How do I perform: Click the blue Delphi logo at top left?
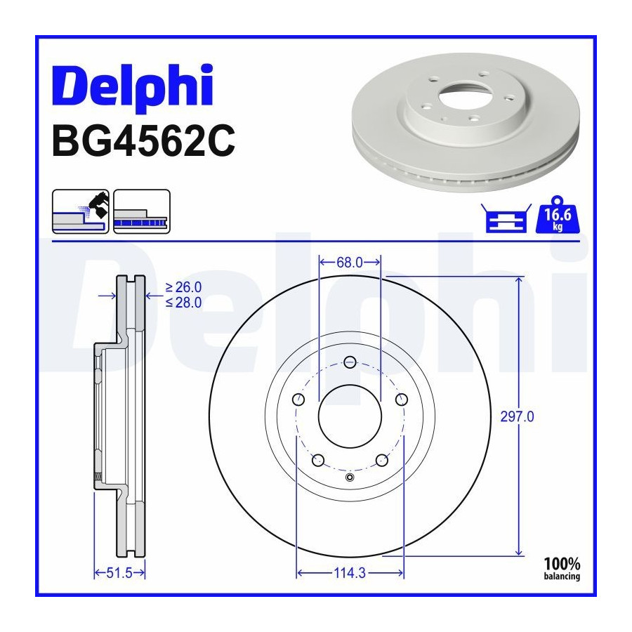point(132,87)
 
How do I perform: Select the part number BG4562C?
point(143,141)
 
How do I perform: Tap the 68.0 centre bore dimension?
point(350,263)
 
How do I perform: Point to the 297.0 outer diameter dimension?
point(517,416)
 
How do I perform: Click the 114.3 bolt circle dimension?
point(350,572)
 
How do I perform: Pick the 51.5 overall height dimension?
point(119,572)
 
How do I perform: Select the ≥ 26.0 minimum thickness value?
point(183,287)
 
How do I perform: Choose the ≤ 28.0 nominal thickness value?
point(183,302)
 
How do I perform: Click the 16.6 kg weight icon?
point(558,215)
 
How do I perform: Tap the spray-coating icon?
point(81,211)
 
